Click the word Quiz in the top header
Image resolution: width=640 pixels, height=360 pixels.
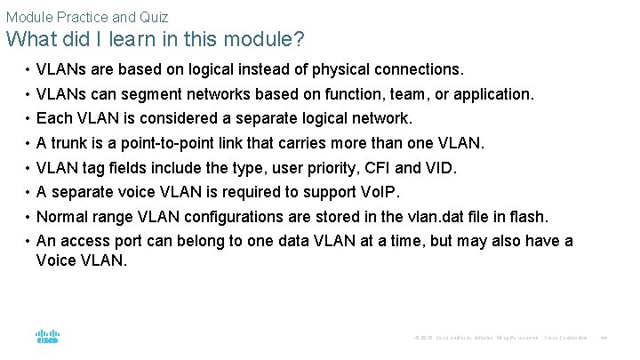[153, 17]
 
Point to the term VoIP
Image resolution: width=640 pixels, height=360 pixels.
[380, 193]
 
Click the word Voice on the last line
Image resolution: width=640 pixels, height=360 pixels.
[57, 260]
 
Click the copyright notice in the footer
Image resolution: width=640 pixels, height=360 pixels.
[476, 338]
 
